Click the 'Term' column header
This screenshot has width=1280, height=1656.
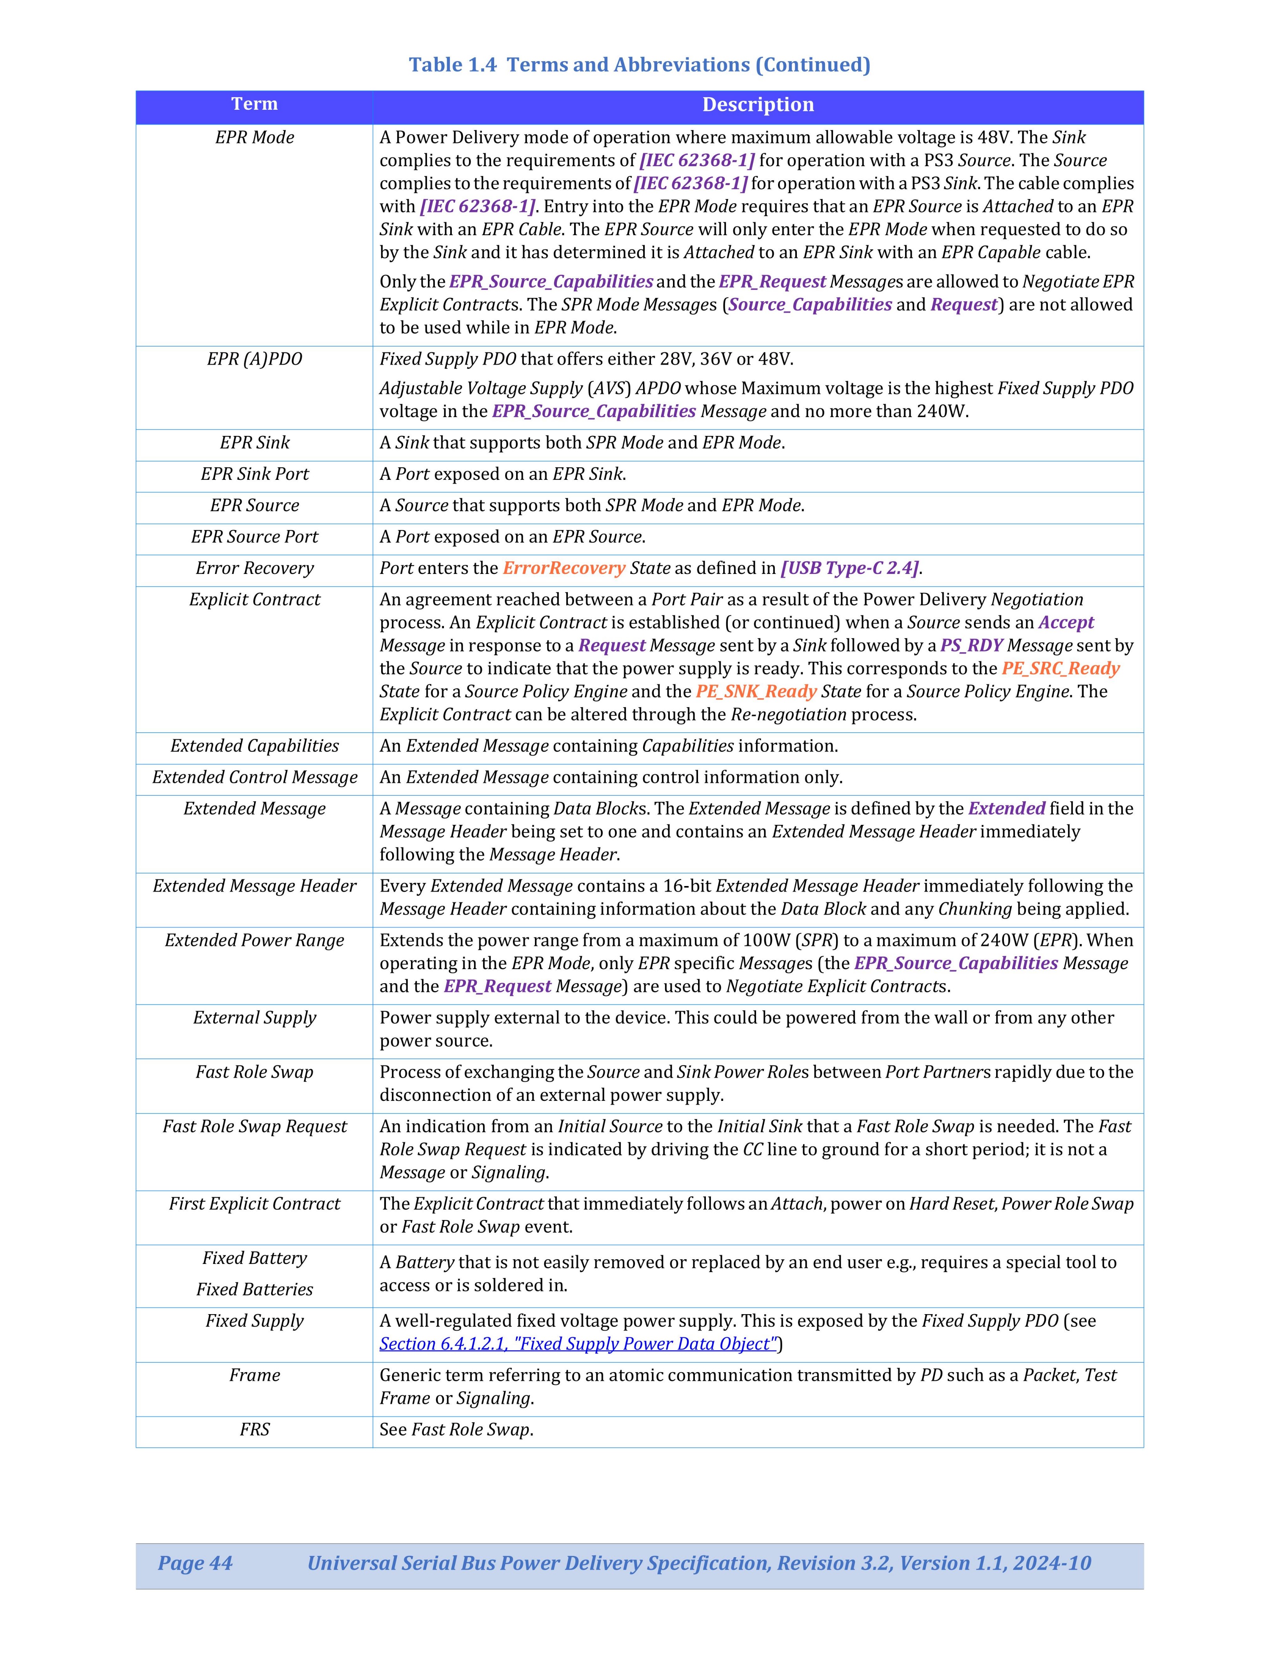point(254,105)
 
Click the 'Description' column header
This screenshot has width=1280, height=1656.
point(758,105)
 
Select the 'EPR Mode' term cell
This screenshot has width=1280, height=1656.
point(254,137)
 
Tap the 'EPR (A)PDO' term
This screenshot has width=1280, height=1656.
point(254,359)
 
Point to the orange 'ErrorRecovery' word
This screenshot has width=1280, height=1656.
point(564,568)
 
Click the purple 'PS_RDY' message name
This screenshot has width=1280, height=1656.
point(971,645)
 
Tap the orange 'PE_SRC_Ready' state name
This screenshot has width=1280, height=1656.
point(1060,668)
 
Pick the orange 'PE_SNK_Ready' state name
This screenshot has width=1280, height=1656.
point(756,692)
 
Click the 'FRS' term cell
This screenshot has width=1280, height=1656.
point(254,1429)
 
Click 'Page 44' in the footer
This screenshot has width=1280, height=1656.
point(195,1563)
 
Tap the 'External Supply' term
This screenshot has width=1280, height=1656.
point(254,1018)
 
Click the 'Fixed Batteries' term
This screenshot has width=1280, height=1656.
point(254,1289)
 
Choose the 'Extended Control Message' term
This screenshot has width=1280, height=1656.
point(254,777)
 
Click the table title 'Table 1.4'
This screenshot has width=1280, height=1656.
point(453,64)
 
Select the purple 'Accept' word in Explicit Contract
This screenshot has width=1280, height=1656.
point(1065,623)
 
